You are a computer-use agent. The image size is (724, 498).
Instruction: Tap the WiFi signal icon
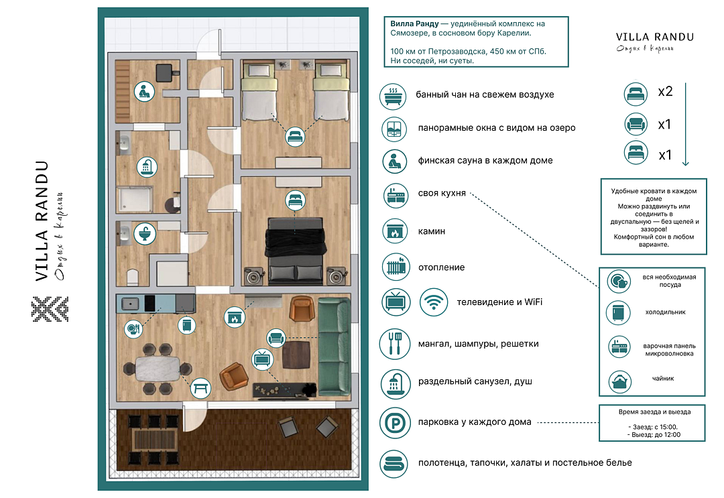point(434,302)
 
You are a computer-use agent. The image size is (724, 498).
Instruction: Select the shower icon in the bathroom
point(144,166)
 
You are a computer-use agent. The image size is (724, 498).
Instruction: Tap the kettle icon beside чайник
point(619,382)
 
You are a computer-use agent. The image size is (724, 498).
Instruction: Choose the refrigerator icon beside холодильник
point(619,313)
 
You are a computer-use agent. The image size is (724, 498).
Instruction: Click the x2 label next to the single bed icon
point(665,92)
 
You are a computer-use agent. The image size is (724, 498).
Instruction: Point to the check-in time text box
point(652,422)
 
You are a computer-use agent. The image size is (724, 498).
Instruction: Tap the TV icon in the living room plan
point(262,359)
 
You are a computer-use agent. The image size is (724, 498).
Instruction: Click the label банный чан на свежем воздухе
point(484,95)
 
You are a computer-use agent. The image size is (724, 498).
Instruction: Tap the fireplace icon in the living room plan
point(233,316)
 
